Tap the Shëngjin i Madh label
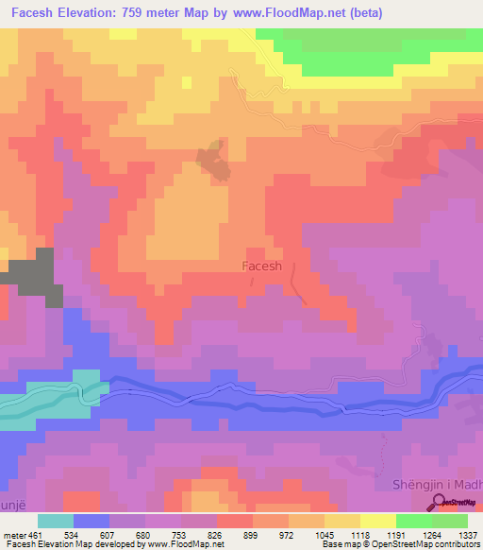click(436, 485)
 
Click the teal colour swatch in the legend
click(56, 521)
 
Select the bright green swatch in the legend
click(413, 521)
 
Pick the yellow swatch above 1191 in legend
click(377, 521)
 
